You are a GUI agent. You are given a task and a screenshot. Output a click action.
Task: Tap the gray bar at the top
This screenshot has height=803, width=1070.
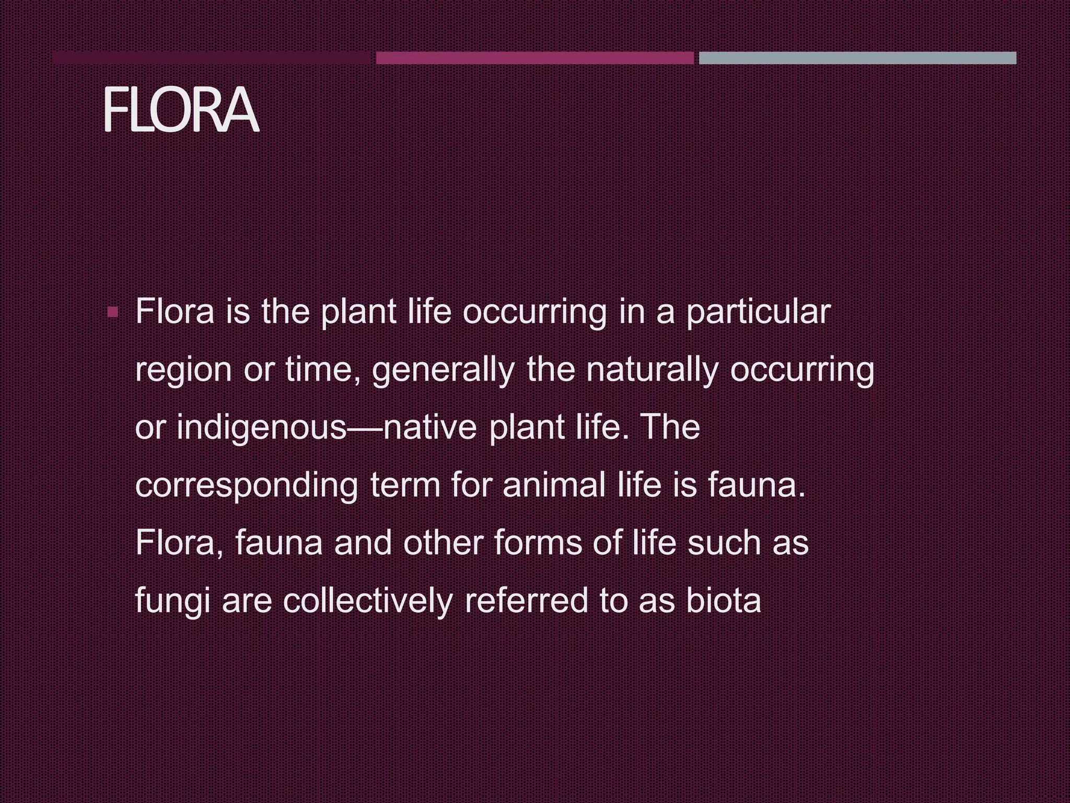pos(857,58)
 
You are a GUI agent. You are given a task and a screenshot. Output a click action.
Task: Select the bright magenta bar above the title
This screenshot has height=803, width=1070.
pos(534,58)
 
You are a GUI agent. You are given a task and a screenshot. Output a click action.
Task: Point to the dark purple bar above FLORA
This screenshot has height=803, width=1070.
pos(211,58)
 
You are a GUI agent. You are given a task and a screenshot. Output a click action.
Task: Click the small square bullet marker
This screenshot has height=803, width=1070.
pos(112,313)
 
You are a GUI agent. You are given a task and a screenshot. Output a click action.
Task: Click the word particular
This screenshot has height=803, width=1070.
pos(758,313)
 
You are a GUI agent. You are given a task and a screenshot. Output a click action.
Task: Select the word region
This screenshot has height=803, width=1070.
pos(183,371)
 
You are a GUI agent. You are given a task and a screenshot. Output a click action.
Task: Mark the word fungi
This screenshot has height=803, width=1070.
pos(172,601)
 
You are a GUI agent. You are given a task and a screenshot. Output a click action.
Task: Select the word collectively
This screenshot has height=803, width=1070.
pos(368,601)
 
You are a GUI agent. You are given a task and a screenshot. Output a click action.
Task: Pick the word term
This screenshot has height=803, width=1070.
pos(405,485)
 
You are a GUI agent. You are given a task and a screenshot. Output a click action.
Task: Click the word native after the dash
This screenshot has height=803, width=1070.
pos(430,428)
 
